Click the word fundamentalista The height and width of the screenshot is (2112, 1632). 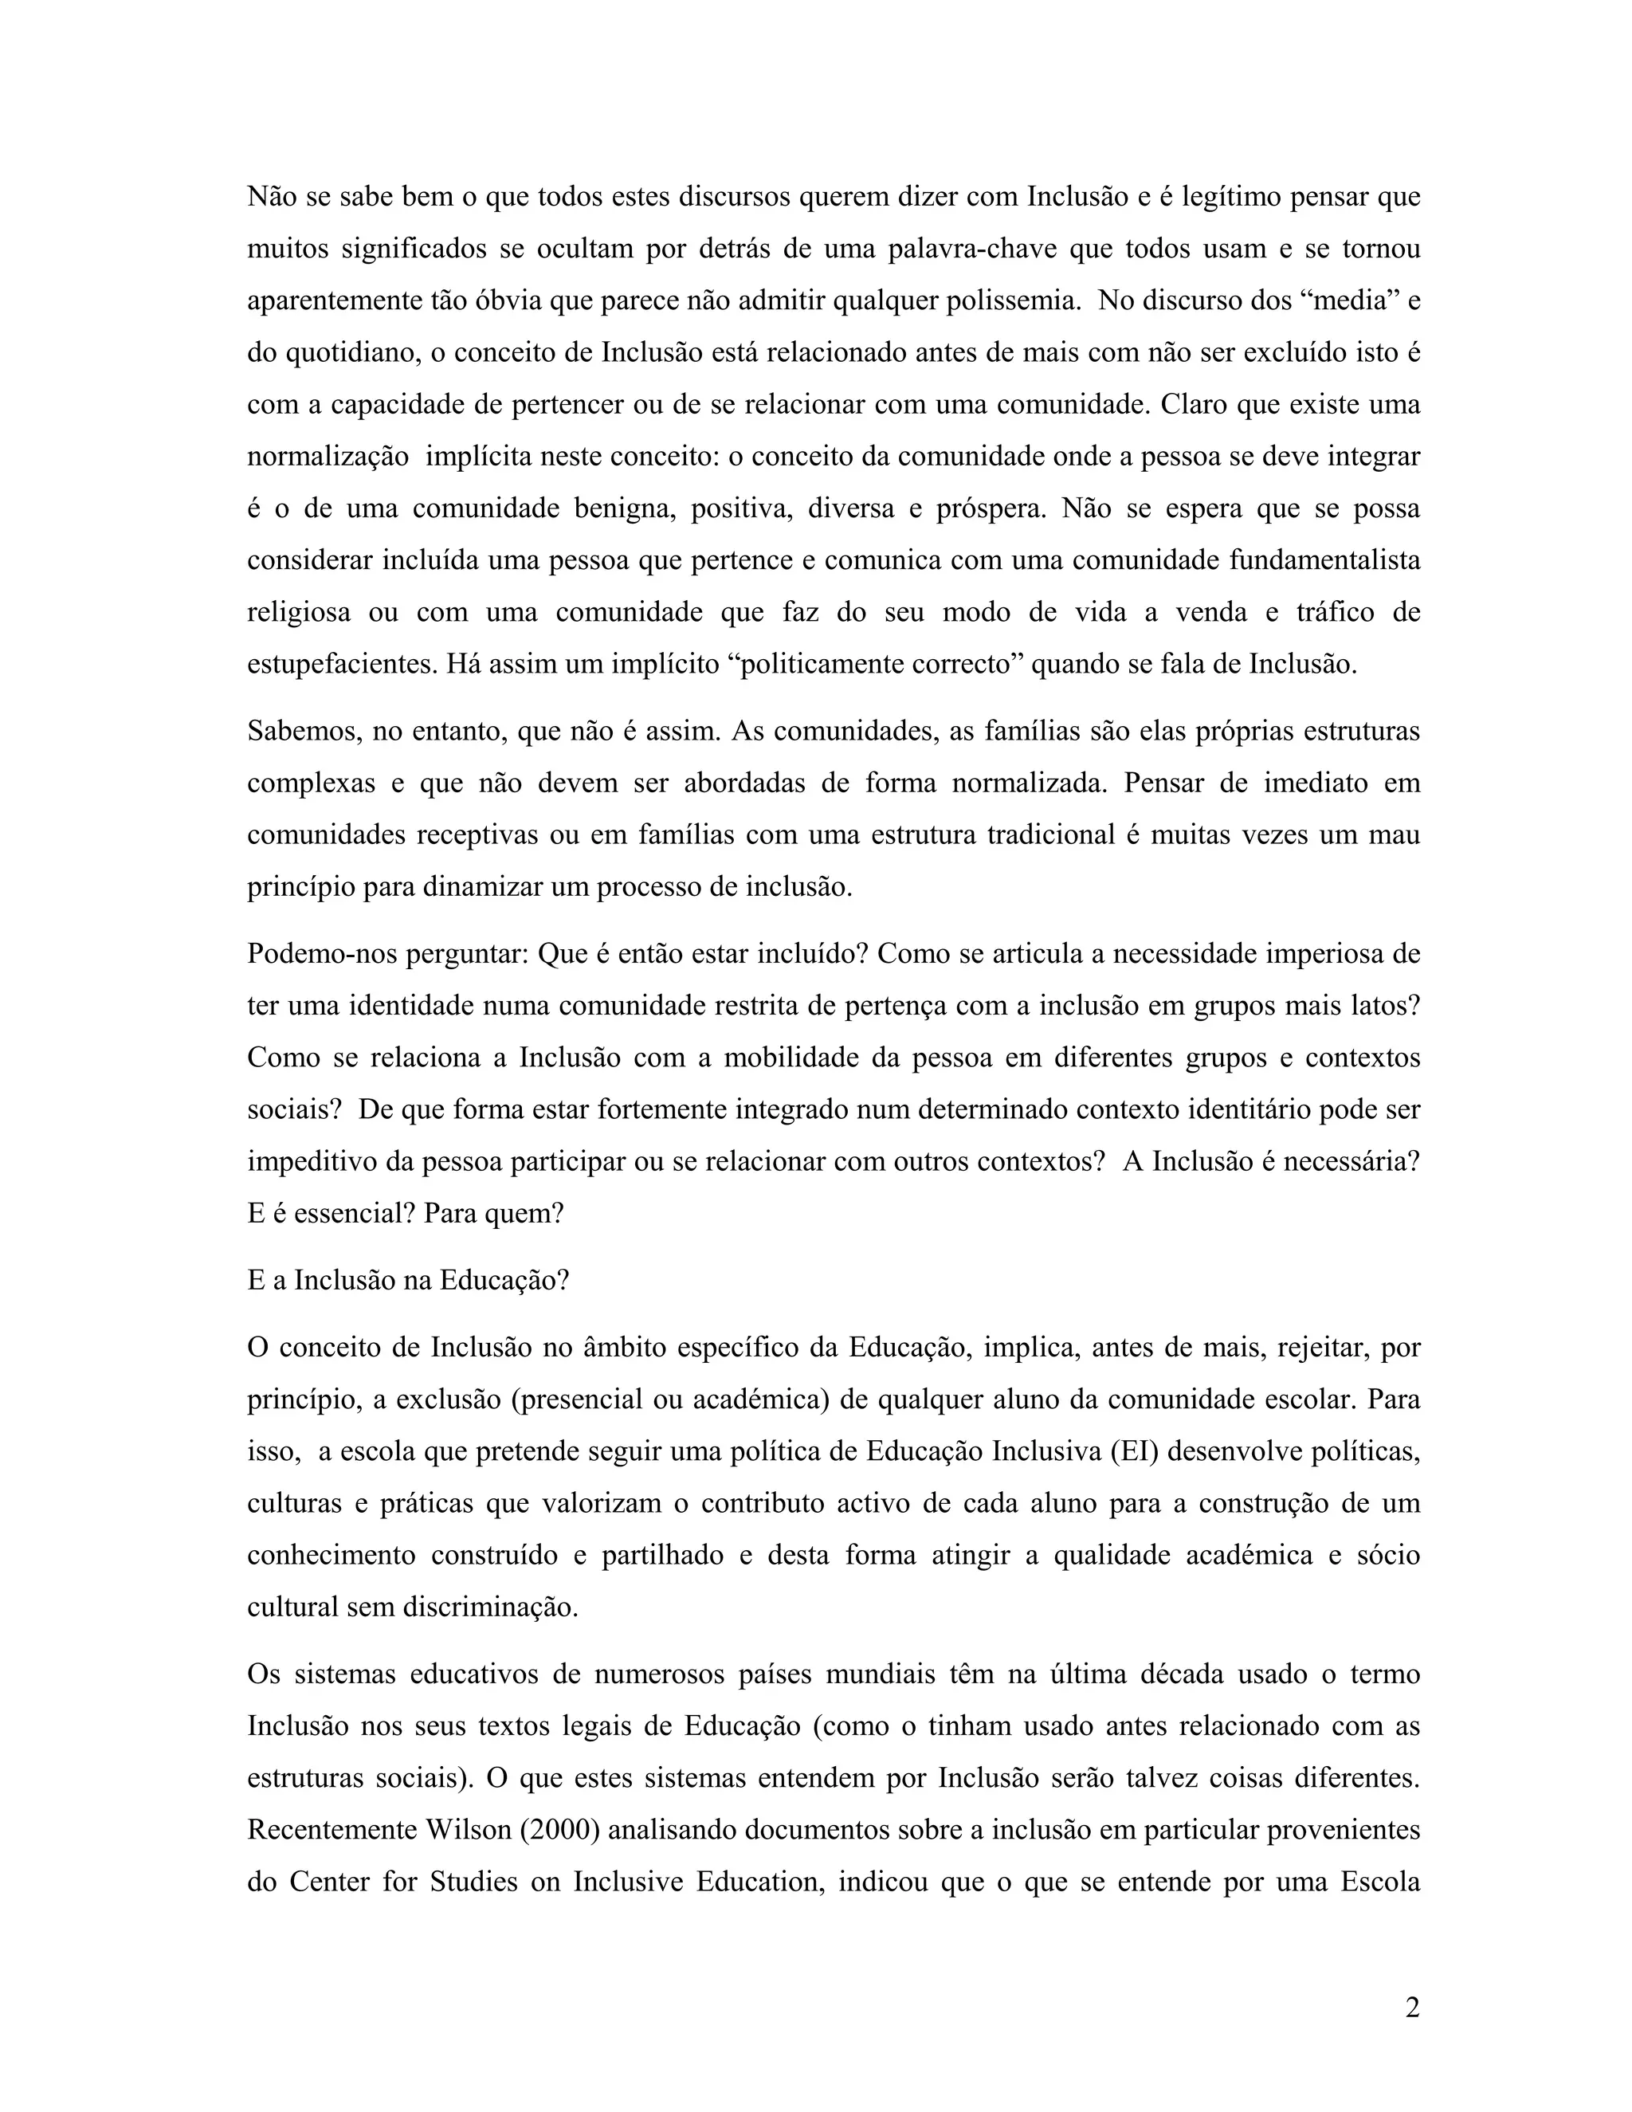(x=1324, y=560)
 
